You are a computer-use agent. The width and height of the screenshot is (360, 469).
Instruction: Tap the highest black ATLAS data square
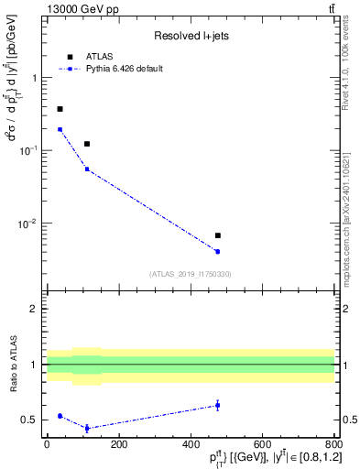pos(60,109)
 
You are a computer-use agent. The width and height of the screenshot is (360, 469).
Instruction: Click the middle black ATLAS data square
pos(87,144)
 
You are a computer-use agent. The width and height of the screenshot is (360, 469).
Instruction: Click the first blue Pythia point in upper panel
pos(60,129)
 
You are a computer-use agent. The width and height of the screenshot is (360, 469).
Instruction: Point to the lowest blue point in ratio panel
pos(87,428)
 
